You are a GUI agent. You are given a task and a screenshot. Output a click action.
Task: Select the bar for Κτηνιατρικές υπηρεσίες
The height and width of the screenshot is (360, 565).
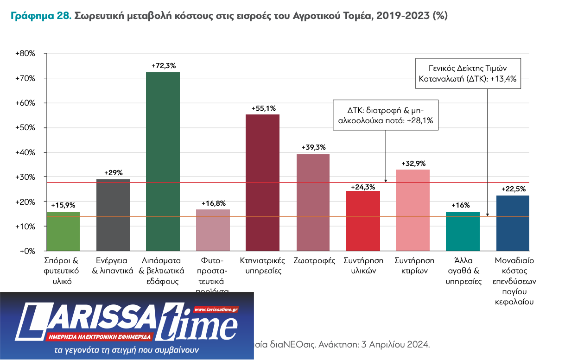(x=262, y=183)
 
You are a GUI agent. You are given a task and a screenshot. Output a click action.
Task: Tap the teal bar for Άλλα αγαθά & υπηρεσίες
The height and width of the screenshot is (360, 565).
(x=462, y=231)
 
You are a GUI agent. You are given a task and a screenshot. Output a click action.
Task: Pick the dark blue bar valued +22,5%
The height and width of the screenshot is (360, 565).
(x=512, y=223)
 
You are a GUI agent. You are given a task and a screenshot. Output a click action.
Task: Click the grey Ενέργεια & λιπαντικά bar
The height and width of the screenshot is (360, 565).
(x=113, y=215)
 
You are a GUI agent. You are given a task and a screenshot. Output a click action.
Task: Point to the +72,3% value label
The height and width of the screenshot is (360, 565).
(x=164, y=66)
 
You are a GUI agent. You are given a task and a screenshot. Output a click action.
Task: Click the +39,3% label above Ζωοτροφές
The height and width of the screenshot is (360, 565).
(x=313, y=147)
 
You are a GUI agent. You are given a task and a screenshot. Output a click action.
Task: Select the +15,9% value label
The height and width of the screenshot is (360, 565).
(x=63, y=205)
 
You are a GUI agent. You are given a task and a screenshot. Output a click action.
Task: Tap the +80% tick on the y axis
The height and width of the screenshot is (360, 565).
(x=25, y=54)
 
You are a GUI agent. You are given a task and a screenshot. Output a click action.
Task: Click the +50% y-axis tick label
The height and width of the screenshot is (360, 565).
(x=25, y=128)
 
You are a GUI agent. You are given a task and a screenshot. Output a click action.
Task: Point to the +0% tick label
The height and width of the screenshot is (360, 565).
(x=27, y=251)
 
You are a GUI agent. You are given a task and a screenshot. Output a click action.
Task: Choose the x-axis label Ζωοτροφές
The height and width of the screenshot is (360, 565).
(x=314, y=260)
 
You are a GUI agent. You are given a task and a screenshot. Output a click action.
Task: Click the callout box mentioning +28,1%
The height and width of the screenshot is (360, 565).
(x=386, y=115)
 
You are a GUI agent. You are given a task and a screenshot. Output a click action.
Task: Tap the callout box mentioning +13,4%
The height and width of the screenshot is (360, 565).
(x=468, y=73)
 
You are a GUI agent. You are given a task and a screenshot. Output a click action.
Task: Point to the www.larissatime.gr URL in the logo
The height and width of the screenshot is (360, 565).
(x=216, y=309)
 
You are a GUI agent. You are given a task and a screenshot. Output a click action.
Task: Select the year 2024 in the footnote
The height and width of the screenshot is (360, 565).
(x=420, y=345)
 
